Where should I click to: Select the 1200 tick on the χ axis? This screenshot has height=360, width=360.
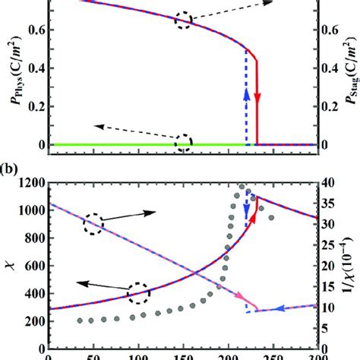click(x=29, y=182)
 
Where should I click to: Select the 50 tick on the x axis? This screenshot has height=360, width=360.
click(x=93, y=355)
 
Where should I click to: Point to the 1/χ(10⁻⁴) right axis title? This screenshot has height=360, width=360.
click(x=349, y=267)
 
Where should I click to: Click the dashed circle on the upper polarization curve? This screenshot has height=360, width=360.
click(x=183, y=21)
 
